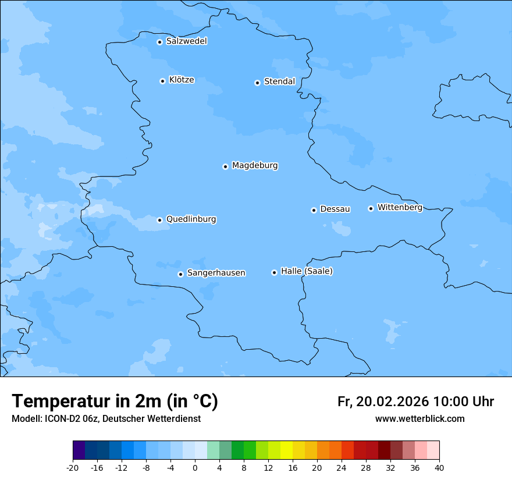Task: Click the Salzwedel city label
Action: [186, 41]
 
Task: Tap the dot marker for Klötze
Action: [162, 81]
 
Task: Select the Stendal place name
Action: [279, 81]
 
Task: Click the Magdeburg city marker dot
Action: [225, 166]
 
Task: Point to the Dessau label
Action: [335, 209]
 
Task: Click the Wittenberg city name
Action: [400, 207]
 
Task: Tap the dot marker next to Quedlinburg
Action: [159, 220]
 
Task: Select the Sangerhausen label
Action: [216, 273]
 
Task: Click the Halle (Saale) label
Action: [307, 271]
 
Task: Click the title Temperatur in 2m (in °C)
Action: [115, 402]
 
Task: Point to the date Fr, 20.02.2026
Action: [383, 402]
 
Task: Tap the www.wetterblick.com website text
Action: [419, 418]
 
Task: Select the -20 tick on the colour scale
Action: [73, 467]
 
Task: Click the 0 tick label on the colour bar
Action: [195, 467]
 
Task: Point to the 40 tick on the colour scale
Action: [439, 467]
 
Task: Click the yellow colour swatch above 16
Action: [286, 450]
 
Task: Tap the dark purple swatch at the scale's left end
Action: [79, 450]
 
